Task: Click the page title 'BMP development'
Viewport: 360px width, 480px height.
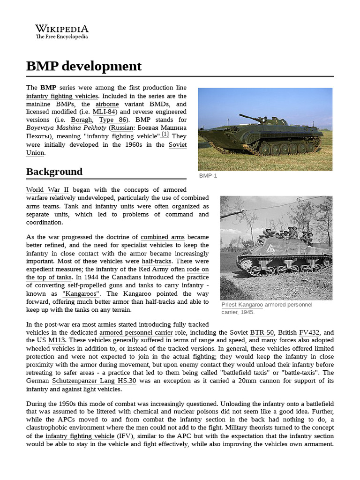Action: pos(83,66)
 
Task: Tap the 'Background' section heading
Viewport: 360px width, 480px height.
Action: pos(54,172)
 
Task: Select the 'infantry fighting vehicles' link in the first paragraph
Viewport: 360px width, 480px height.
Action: pos(62,96)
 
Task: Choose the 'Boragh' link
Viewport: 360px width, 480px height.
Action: pos(82,120)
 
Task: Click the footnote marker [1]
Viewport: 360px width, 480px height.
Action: pos(165,135)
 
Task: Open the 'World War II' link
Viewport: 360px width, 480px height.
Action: pos(47,190)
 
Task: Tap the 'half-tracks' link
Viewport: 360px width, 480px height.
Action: pos(157,261)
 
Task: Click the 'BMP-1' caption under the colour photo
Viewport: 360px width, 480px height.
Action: pos(208,176)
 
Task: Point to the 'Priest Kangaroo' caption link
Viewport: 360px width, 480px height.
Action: pos(242,305)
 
